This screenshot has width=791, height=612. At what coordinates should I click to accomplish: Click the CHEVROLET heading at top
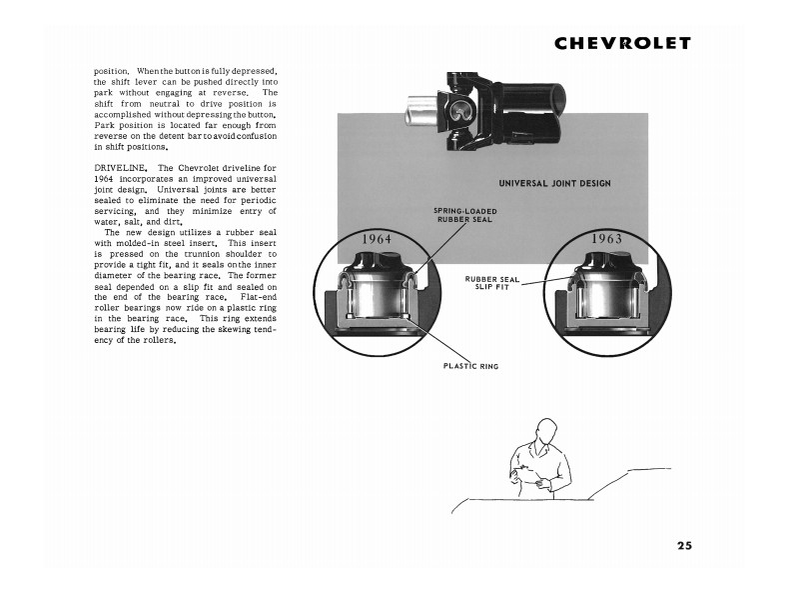click(622, 44)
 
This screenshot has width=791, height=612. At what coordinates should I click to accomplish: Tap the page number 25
click(683, 546)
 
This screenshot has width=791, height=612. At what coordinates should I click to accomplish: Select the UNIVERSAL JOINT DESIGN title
click(554, 183)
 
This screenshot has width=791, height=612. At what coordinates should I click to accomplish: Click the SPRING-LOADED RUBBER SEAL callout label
click(464, 215)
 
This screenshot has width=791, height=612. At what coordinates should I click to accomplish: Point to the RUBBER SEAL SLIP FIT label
click(493, 283)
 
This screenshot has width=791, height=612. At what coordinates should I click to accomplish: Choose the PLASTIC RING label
click(470, 366)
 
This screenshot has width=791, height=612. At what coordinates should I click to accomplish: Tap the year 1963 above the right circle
click(606, 239)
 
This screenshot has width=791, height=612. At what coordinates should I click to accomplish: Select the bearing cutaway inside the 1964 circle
click(376, 295)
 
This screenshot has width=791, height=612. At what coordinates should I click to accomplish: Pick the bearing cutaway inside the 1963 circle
click(606, 295)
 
